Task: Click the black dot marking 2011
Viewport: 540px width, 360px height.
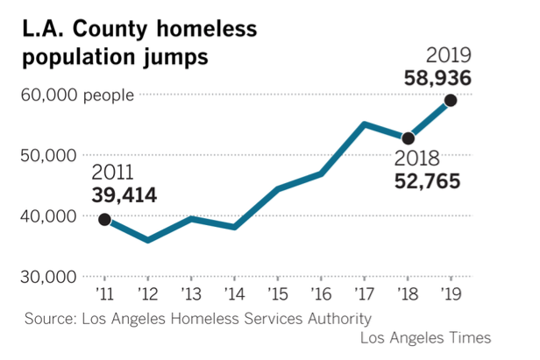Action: (104, 219)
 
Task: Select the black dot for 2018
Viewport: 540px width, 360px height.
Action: (408, 138)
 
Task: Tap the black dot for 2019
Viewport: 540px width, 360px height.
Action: (451, 100)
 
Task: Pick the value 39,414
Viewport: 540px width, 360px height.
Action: (124, 194)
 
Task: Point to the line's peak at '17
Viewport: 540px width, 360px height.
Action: (364, 124)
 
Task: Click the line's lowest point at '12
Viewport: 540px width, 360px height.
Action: (147, 240)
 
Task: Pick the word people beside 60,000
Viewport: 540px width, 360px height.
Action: (109, 95)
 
